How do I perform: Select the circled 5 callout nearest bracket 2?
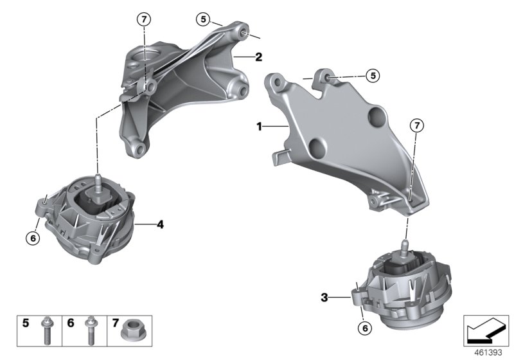point(204,19)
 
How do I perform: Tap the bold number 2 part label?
point(258,57)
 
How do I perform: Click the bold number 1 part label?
point(260,127)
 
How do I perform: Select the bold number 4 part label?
point(160,224)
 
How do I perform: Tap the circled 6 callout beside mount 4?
point(32,238)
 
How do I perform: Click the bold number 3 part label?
point(324,297)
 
